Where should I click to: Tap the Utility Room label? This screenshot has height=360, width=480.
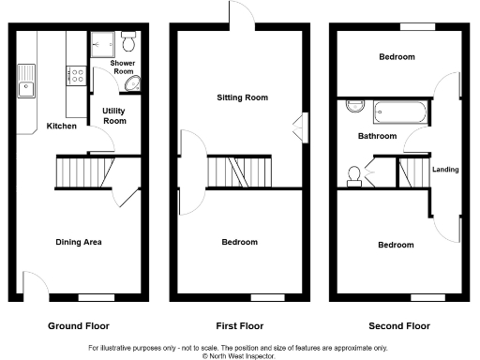(114, 115)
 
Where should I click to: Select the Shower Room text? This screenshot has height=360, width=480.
(123, 67)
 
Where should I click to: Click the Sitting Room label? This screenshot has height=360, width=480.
(242, 97)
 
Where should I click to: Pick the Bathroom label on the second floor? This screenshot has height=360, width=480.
(377, 136)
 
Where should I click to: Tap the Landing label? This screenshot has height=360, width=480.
(445, 169)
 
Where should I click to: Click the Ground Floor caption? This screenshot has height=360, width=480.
(79, 326)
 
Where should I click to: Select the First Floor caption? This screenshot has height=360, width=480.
(239, 326)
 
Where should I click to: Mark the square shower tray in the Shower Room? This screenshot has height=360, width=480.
(103, 42)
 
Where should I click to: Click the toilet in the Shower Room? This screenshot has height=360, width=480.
(129, 41)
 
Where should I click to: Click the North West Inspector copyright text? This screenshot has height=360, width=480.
(239, 355)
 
